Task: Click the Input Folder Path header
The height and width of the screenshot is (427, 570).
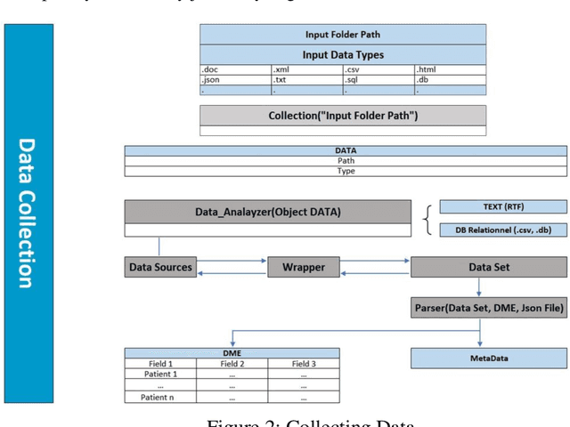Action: pyautogui.click(x=343, y=34)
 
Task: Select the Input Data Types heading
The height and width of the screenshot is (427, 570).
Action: pyautogui.click(x=343, y=54)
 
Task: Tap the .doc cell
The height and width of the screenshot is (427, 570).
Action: pyautogui.click(x=234, y=68)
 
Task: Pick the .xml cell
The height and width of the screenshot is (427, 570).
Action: pyautogui.click(x=306, y=68)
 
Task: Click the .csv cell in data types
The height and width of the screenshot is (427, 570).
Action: pyautogui.click(x=379, y=68)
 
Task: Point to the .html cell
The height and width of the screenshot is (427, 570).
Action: pyautogui.click(x=450, y=68)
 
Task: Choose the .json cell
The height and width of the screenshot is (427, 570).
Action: pyautogui.click(x=234, y=79)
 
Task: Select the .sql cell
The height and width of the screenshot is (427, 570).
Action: pyautogui.click(x=379, y=79)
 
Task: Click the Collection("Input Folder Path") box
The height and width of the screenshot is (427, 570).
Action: pyautogui.click(x=343, y=116)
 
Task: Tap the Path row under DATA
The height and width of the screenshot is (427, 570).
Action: pyautogui.click(x=346, y=161)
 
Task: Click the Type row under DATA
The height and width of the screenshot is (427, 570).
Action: pyautogui.click(x=346, y=171)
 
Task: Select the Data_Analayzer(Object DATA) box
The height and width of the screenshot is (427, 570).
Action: pyautogui.click(x=267, y=212)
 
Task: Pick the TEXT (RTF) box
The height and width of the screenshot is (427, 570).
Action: pyautogui.click(x=503, y=206)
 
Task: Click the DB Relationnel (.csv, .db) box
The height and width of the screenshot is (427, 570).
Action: pyautogui.click(x=503, y=230)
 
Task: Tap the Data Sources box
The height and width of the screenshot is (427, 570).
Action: pyautogui.click(x=160, y=266)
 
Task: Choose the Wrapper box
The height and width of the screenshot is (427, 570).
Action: pyautogui.click(x=304, y=266)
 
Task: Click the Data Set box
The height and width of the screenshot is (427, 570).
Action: pyautogui.click(x=488, y=266)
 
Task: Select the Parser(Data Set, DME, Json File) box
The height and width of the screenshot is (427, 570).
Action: pyautogui.click(x=488, y=309)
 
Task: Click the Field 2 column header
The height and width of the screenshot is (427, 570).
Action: pyautogui.click(x=232, y=364)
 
